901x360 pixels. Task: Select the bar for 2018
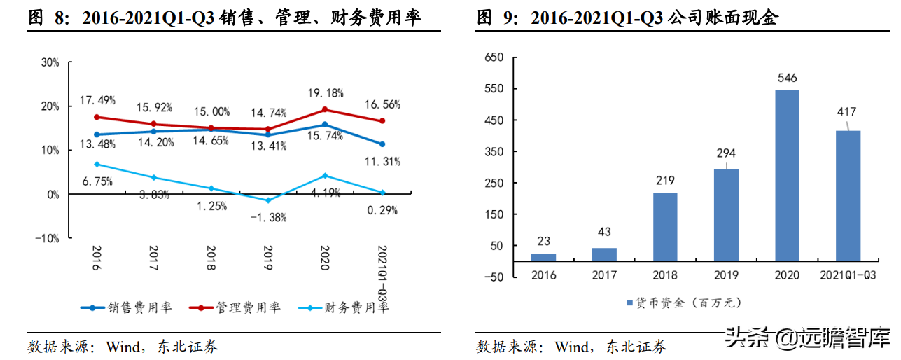(665, 227)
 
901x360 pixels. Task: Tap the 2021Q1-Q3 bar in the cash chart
(847, 195)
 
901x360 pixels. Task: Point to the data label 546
(786, 78)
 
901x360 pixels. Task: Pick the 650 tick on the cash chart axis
(494, 57)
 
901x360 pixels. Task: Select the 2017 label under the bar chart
(604, 275)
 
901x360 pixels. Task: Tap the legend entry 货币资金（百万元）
(683, 303)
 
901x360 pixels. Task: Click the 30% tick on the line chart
(50, 62)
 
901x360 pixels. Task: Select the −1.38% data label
(268, 218)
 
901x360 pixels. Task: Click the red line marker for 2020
(325, 110)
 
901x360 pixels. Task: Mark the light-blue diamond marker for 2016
(96, 165)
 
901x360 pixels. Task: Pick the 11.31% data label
(382, 162)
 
